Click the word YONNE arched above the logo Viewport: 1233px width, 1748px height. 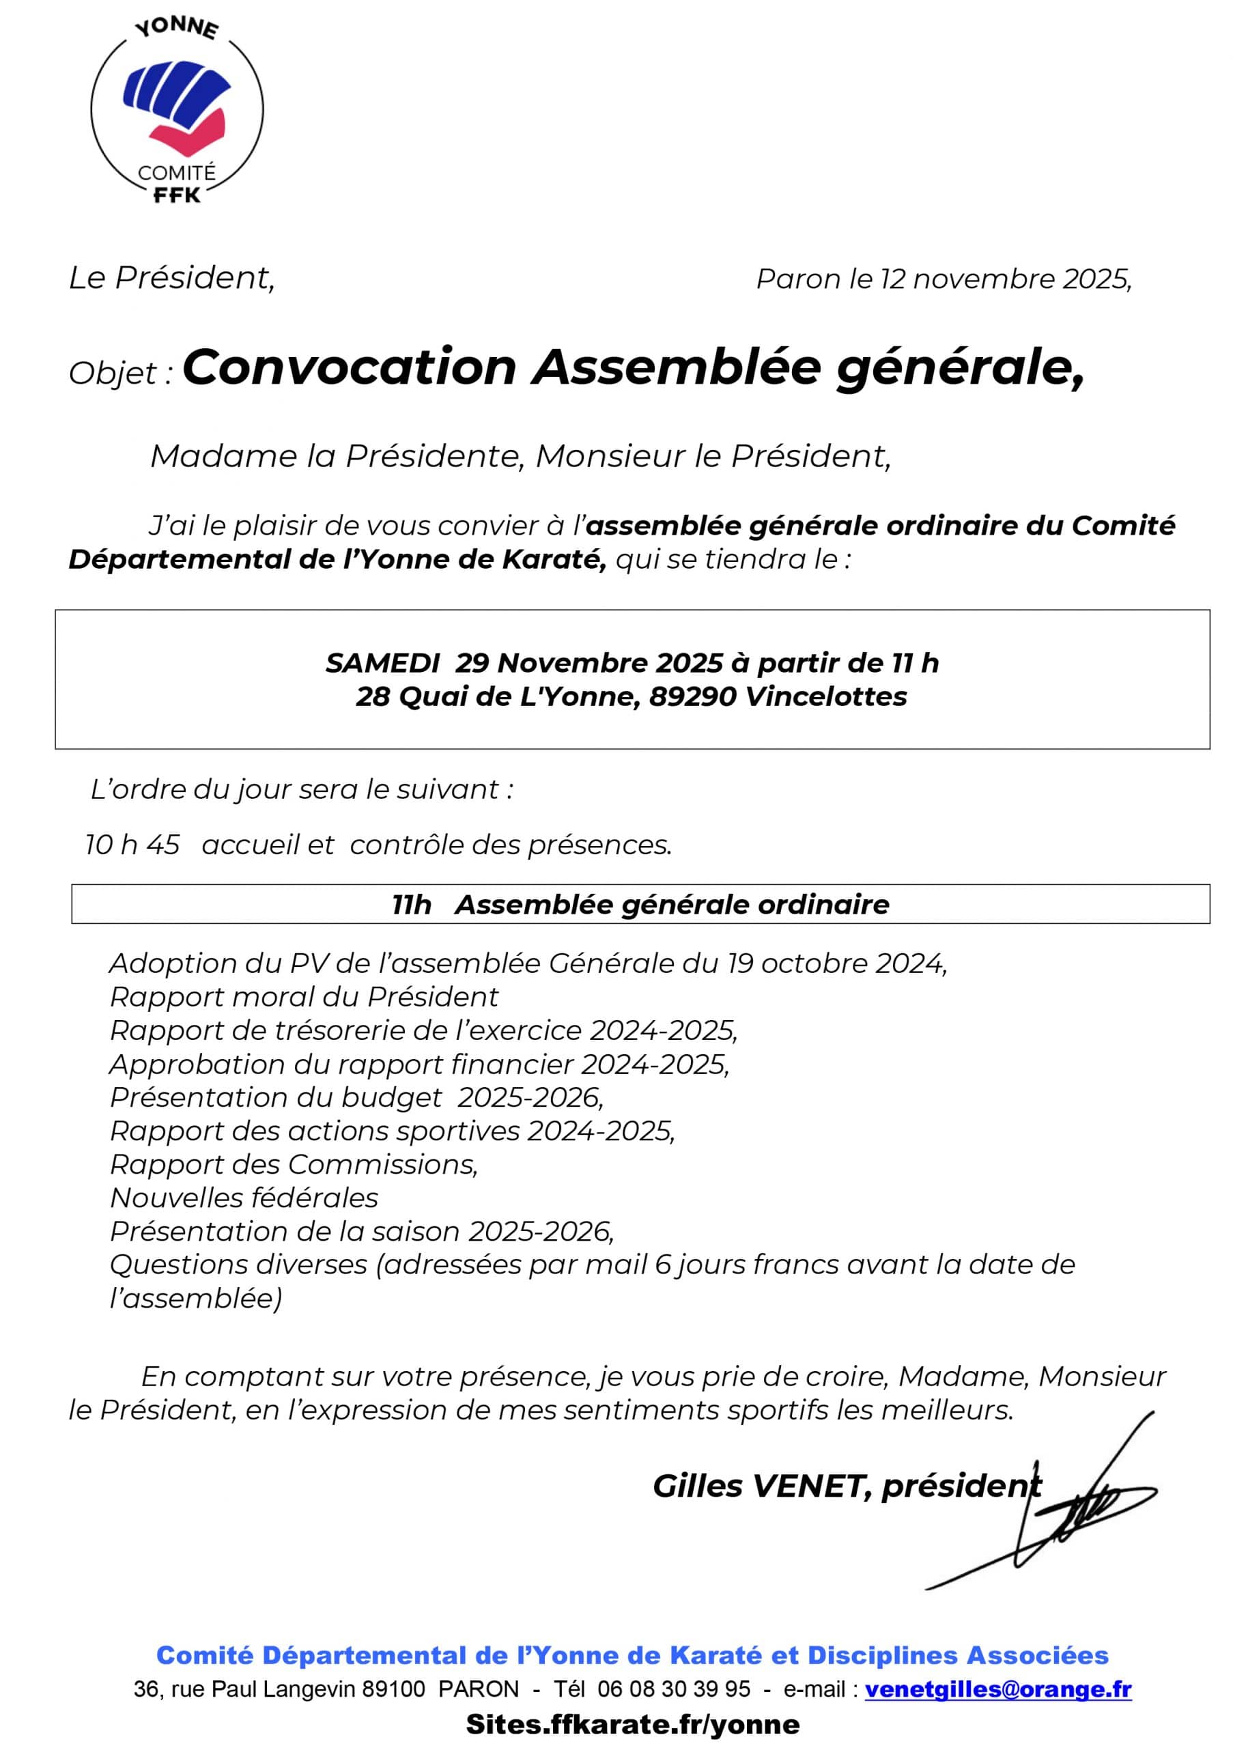pyautogui.click(x=177, y=28)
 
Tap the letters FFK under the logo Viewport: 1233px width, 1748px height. pyautogui.click(x=177, y=196)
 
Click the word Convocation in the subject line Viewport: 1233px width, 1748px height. pyautogui.click(x=350, y=368)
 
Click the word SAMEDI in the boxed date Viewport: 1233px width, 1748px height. pyautogui.click(x=383, y=663)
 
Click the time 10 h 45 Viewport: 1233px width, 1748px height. pyautogui.click(x=132, y=845)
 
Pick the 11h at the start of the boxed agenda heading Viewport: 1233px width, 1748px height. pyautogui.click(x=412, y=905)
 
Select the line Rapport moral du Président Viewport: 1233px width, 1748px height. pyautogui.click(x=304, y=997)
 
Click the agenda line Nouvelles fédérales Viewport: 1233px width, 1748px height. pyautogui.click(x=244, y=1198)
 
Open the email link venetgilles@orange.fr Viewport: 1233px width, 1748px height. pyautogui.click(x=998, y=1689)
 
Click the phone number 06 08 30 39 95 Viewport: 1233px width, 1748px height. pyautogui.click(x=674, y=1689)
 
